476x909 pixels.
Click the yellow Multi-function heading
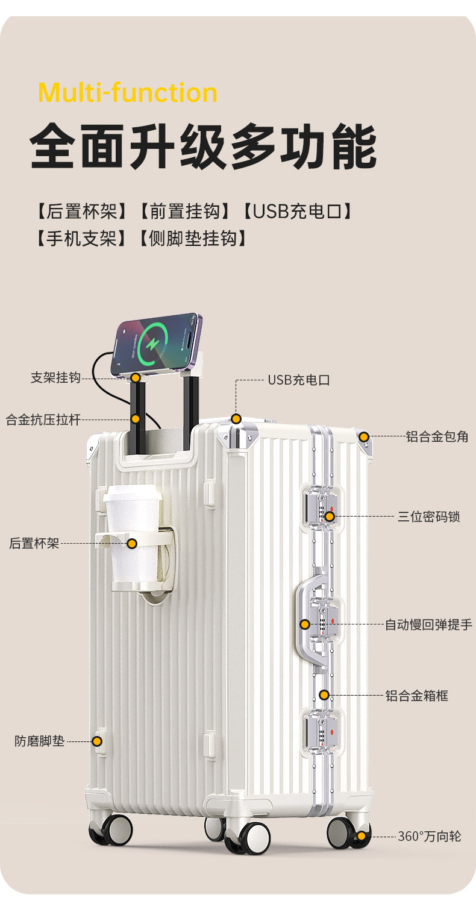pos(127,93)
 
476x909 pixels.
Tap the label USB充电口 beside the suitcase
pos(299,380)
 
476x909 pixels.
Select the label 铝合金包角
pos(437,436)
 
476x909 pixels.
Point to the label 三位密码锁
pos(429,517)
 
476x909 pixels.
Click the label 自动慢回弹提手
pos(428,624)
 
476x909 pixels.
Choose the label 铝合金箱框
pos(417,696)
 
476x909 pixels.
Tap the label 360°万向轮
pos(430,836)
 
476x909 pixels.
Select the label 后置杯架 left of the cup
pos(34,543)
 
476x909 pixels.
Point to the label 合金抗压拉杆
pos(43,419)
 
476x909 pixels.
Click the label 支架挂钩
pos(55,378)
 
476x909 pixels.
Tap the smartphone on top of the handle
pos(158,342)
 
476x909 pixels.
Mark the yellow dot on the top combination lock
pos(330,517)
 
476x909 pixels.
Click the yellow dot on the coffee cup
pos(132,543)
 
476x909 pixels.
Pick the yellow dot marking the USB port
pos(236,418)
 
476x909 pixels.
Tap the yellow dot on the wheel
pos(361,835)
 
